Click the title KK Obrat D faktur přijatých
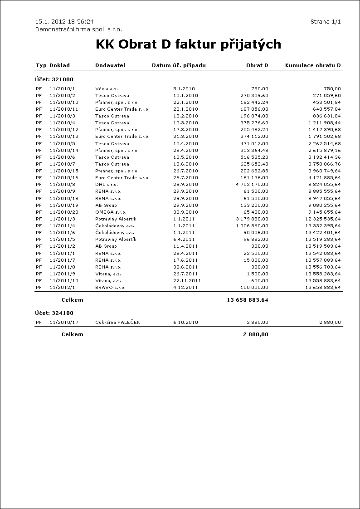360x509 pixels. [x=188, y=44]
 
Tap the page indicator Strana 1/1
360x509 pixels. [x=326, y=22]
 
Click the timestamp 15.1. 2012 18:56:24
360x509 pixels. [x=64, y=22]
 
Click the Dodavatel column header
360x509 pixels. [x=110, y=65]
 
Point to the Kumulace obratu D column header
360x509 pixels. [x=313, y=65]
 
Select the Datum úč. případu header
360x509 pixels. [x=179, y=65]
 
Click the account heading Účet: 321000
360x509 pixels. [x=54, y=79]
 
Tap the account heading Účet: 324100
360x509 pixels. [x=54, y=313]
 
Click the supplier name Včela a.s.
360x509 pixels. [x=107, y=88]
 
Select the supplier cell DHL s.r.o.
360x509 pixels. [x=107, y=185]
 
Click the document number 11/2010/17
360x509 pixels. [x=64, y=323]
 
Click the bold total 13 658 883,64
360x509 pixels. [x=248, y=300]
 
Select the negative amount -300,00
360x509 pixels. [x=260, y=267]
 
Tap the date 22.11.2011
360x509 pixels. [x=186, y=281]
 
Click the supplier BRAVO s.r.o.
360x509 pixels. [x=110, y=288]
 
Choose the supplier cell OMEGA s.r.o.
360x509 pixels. [x=111, y=212]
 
